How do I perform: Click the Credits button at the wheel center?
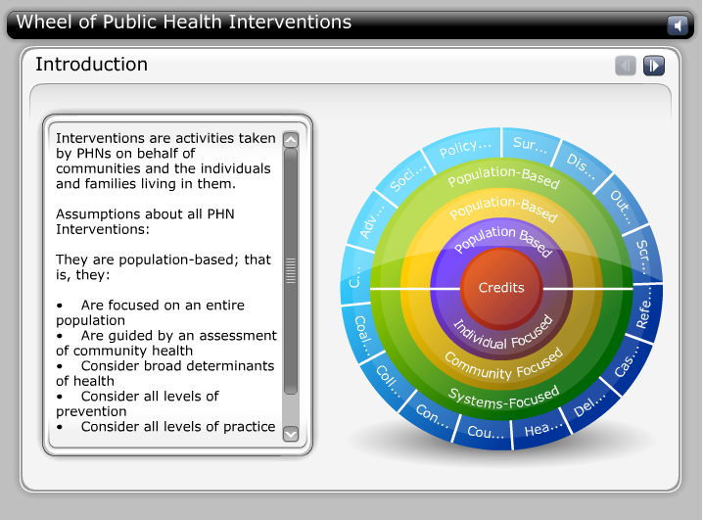pos(501,288)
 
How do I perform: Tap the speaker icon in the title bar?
pos(677,25)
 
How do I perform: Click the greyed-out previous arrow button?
pos(625,66)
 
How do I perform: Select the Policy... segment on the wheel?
pos(464,149)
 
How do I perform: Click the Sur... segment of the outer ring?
pos(530,146)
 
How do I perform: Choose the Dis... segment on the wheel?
pos(578,162)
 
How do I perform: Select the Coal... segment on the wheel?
pos(361,326)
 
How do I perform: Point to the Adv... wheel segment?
pos(369,227)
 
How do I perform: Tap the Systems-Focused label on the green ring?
pos(503,395)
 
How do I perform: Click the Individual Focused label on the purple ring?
pos(503,333)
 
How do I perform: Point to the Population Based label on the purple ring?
pos(503,241)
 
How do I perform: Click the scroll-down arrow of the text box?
pos(291,433)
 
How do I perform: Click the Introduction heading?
pos(91,65)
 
